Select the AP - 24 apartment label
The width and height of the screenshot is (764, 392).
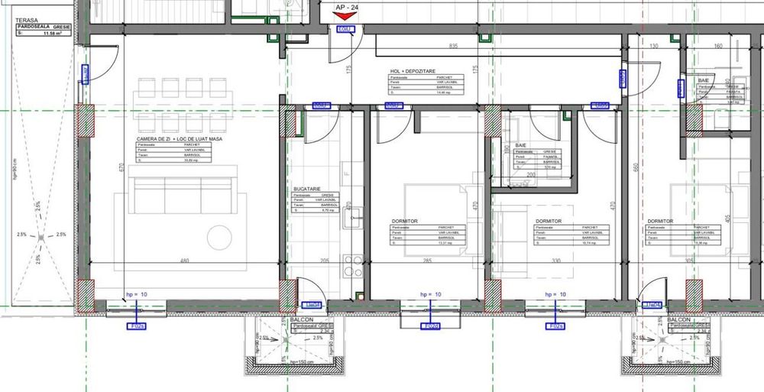coord(346,7)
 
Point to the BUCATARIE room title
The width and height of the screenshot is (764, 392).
coord(306,188)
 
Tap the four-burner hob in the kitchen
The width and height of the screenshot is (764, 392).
coord(353,265)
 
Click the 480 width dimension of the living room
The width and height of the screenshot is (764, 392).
coord(183,261)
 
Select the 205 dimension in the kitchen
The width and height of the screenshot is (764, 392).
coord(324,261)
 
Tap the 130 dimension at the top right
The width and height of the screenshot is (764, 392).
coord(653,47)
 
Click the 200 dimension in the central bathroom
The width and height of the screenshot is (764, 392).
coord(531,174)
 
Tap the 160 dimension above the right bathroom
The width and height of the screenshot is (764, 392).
coord(717,47)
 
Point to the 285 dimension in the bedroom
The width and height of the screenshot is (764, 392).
coord(426,261)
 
